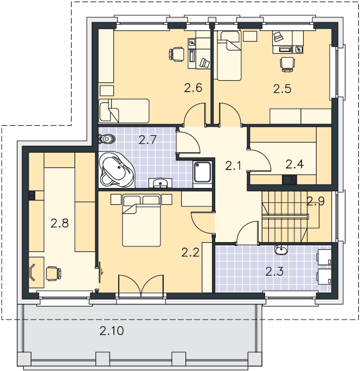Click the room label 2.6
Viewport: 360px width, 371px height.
(193, 88)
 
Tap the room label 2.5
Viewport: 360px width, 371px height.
(282, 89)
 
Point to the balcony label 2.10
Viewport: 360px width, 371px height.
(112, 330)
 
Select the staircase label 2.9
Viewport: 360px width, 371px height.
(316, 201)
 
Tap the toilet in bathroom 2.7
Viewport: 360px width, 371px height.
(107, 139)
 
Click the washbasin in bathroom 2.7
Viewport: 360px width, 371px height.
(160, 183)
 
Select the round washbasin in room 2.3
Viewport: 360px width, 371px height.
(281, 250)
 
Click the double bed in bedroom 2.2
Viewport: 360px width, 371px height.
(142, 220)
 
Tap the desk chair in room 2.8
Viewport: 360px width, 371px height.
(54, 274)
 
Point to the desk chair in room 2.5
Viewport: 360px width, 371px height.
(287, 64)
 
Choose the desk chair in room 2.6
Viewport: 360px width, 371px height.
(177, 54)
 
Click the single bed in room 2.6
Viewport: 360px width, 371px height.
(124, 111)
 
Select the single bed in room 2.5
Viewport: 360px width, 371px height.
(228, 55)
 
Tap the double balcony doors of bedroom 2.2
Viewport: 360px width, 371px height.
(141, 285)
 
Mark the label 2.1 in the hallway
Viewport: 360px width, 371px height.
(233, 165)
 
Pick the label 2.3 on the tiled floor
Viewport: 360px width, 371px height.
(274, 271)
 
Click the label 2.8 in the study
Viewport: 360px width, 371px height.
(60, 223)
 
